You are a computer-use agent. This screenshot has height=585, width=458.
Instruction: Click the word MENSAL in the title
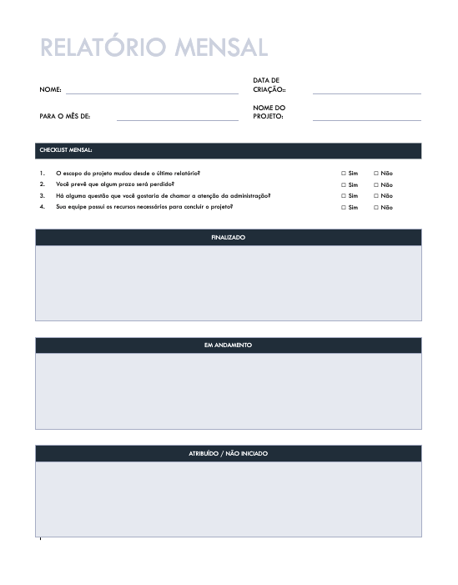(x=221, y=47)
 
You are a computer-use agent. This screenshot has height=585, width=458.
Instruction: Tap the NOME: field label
(x=50, y=88)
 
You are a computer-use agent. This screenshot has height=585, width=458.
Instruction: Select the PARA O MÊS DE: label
(x=65, y=116)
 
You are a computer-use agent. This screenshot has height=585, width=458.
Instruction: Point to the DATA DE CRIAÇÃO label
(x=269, y=84)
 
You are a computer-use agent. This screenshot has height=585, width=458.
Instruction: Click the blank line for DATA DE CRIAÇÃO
(x=366, y=93)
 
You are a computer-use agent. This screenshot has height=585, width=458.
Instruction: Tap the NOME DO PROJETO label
(x=269, y=112)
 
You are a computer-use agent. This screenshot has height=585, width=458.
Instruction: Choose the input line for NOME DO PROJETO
(x=366, y=120)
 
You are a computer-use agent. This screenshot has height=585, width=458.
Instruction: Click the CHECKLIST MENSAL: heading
(x=66, y=150)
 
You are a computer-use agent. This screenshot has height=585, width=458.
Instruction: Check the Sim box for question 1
(x=344, y=174)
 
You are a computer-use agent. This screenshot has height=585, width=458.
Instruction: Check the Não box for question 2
(x=376, y=184)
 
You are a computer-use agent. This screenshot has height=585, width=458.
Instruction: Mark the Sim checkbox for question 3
(x=344, y=196)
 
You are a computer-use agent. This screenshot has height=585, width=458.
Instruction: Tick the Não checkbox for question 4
(x=376, y=207)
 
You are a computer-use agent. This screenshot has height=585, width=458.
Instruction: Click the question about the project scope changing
(x=128, y=174)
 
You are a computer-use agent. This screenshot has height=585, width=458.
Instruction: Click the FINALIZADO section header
(x=229, y=238)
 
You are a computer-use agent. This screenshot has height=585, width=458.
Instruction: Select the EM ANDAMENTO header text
(x=229, y=345)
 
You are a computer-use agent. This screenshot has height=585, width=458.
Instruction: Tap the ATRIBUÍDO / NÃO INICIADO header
(x=229, y=454)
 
